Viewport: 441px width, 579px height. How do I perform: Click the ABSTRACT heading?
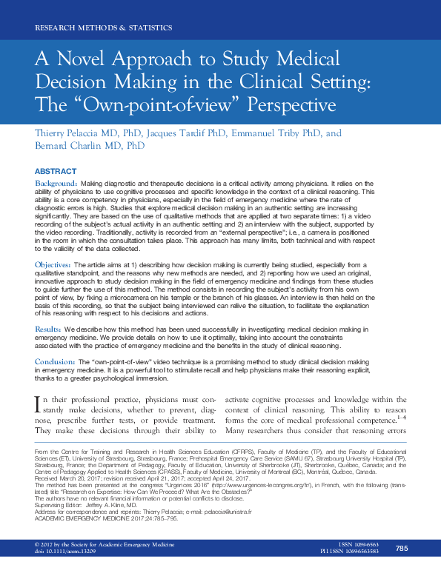(x=56, y=170)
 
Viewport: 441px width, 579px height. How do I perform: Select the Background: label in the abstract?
(x=57, y=182)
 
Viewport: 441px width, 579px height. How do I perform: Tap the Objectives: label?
(x=56, y=264)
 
